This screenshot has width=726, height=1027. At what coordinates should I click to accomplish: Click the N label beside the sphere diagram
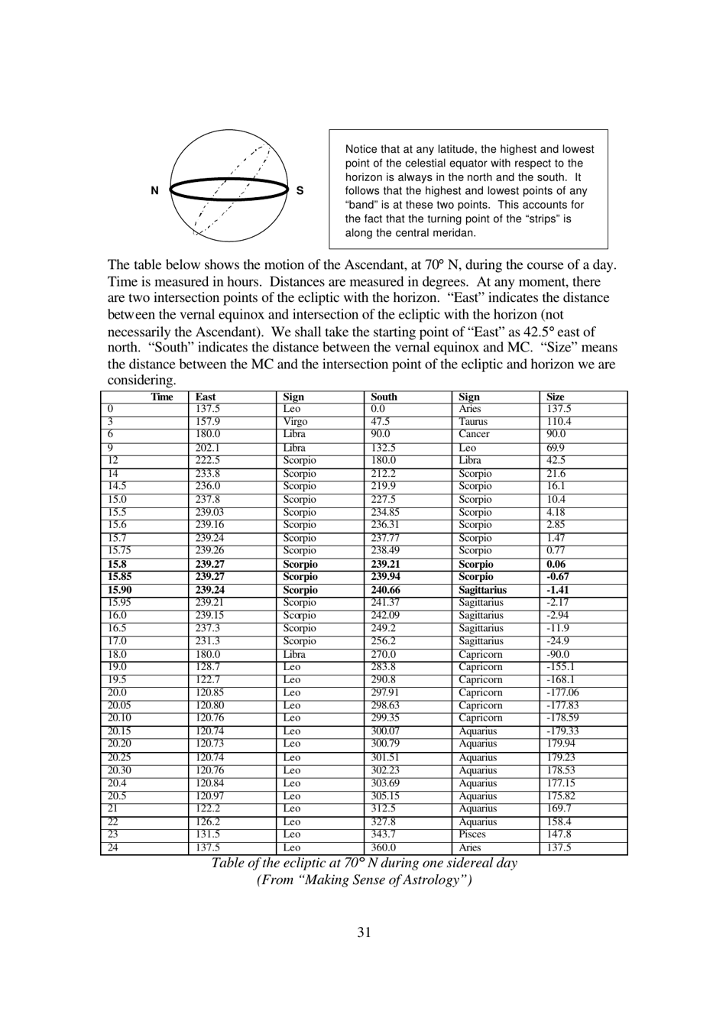(154, 191)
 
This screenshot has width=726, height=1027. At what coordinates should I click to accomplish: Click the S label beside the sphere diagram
(300, 191)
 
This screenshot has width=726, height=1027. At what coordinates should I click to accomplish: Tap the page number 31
(364, 931)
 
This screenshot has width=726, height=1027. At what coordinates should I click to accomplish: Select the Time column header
(162, 397)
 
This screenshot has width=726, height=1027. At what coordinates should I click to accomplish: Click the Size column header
(556, 397)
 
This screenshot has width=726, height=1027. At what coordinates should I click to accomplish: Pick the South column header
(384, 397)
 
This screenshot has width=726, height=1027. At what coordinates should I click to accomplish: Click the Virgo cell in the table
(295, 422)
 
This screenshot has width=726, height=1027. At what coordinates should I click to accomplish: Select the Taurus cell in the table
(472, 422)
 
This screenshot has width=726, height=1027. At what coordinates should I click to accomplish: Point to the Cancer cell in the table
(474, 434)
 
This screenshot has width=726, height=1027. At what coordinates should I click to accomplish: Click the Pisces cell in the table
(472, 834)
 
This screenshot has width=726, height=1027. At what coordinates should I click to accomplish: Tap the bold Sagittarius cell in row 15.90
(482, 590)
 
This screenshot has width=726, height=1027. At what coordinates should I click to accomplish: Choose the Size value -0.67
(558, 577)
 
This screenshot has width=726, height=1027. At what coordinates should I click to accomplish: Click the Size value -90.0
(558, 654)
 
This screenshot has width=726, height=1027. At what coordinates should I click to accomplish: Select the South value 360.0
(384, 847)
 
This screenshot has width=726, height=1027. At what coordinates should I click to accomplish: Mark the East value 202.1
(207, 448)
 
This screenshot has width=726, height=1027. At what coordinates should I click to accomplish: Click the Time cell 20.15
(119, 731)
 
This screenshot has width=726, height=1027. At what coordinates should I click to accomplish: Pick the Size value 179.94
(561, 744)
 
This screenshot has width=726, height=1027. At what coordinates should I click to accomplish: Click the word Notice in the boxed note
(361, 150)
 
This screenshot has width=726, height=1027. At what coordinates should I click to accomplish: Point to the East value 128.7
(207, 667)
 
